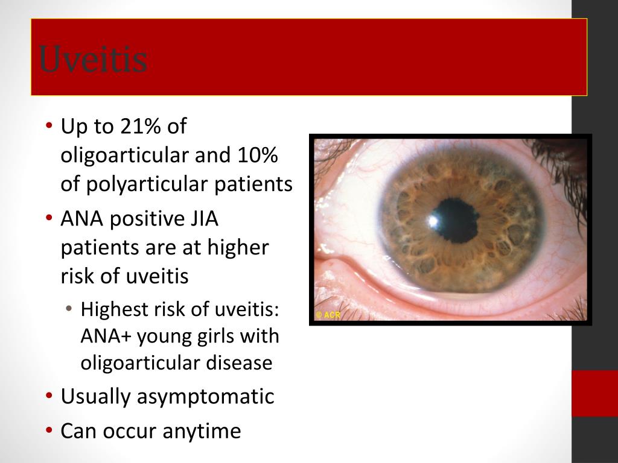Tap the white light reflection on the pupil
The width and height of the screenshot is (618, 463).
click(433, 221)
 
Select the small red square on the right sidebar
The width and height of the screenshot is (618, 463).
click(594, 393)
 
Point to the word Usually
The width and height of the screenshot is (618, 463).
click(95, 397)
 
